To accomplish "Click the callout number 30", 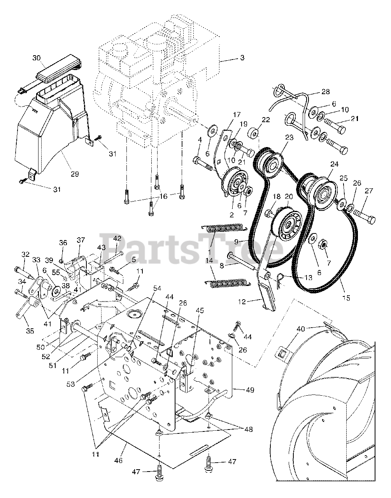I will pyautogui.click(x=36, y=58).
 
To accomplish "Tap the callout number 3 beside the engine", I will pyautogui.click(x=242, y=58).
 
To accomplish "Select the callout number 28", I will pyautogui.click(x=325, y=92).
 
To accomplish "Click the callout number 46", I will pyautogui.click(x=118, y=460).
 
